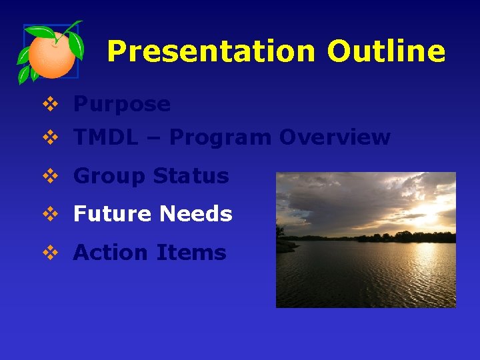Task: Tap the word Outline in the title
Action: tap(385, 51)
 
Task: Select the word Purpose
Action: tap(122, 105)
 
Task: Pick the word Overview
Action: tap(335, 137)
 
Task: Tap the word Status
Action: tap(191, 177)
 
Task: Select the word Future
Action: tap(113, 214)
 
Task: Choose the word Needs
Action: tap(195, 214)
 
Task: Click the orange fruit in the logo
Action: tap(52, 56)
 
